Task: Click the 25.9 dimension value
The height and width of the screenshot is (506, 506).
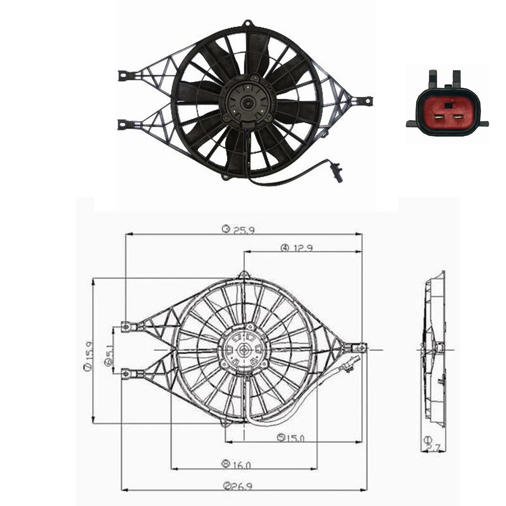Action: click(244, 230)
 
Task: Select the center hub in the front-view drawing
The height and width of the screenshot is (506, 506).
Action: click(244, 350)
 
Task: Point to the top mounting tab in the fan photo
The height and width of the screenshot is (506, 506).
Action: click(248, 23)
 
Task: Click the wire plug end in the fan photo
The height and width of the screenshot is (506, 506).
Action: click(338, 174)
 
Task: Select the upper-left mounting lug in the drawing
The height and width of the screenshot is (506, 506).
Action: click(127, 326)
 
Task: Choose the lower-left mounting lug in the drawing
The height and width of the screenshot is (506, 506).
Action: click(127, 374)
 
